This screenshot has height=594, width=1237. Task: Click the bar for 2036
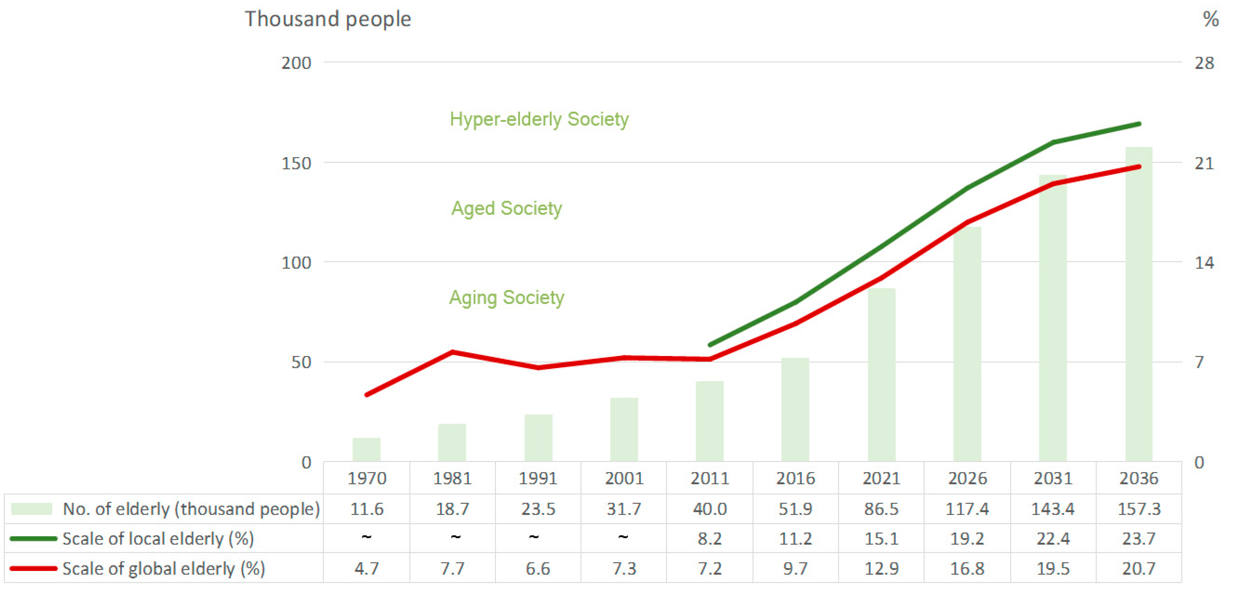pos(1139,307)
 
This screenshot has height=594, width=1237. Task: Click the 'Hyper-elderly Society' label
pos(539,119)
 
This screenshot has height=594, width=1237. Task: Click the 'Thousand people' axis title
pos(328,19)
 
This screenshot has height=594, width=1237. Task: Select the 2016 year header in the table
pos(795,478)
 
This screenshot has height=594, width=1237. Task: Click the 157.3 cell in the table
pos(1139,509)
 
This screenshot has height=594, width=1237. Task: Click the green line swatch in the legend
pos(33,538)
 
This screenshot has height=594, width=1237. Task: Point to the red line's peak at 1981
pos(452,352)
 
